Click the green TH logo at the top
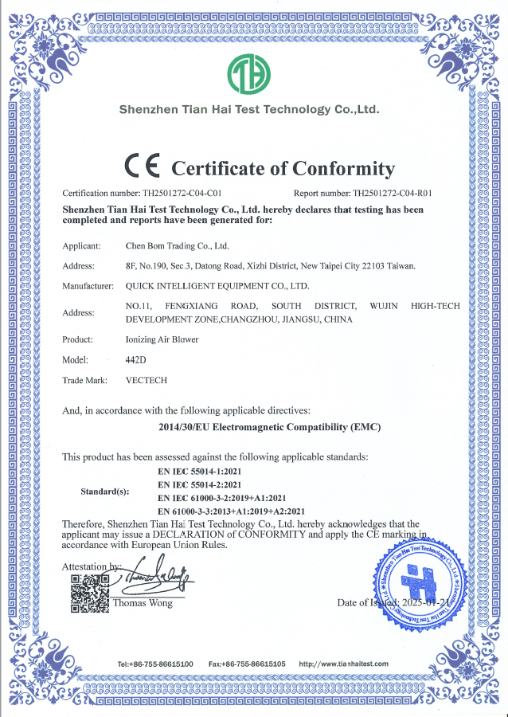248,74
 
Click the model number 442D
137,359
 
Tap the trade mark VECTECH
147,380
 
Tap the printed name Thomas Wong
143,603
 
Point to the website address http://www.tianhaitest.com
343,664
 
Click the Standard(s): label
105,492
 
